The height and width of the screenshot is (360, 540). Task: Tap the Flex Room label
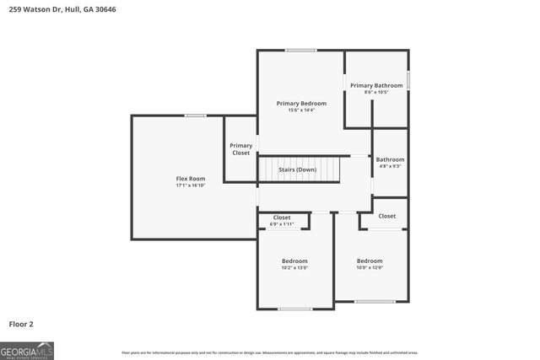point(190,178)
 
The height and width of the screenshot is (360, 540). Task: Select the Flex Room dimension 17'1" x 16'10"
point(190,185)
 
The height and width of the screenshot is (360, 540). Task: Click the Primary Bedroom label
point(301,103)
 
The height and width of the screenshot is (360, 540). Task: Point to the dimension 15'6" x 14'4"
point(301,110)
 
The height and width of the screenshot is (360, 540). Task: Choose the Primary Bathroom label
point(376,85)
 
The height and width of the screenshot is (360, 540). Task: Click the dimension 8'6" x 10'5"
point(376,93)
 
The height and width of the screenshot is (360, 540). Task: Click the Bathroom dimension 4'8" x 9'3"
point(390,166)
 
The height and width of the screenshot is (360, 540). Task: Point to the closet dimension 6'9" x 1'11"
point(282,224)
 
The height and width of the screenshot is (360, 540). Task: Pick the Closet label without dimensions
point(386,216)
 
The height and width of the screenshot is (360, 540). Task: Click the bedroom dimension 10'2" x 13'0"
point(294,268)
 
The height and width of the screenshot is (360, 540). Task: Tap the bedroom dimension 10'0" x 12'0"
point(370,268)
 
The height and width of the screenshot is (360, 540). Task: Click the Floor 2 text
point(21,323)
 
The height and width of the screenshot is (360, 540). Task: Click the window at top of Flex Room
point(196,116)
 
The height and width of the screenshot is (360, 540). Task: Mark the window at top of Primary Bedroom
point(300,51)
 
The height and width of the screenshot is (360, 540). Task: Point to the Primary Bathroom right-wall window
point(408,80)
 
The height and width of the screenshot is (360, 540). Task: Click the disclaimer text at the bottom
point(269,352)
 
